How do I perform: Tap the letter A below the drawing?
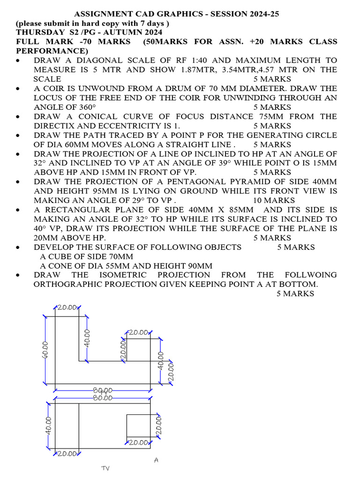coord(157,460)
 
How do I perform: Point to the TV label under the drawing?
coord(105,468)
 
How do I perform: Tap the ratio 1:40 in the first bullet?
coord(217,60)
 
